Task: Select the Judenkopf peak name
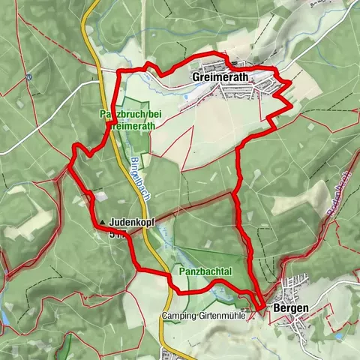[x=132, y=223]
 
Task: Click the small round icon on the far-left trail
[x=28, y=76]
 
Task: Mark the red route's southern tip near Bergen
[x=259, y=307]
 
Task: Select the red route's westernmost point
[x=68, y=166]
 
